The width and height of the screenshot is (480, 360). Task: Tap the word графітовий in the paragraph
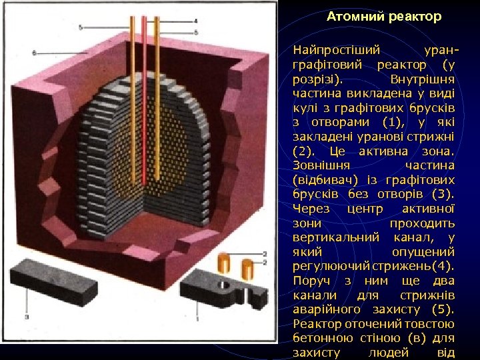(327, 65)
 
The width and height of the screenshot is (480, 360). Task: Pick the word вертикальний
(337, 238)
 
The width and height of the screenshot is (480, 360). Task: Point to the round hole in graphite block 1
(224, 285)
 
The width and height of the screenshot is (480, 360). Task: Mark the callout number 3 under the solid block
(26, 318)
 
